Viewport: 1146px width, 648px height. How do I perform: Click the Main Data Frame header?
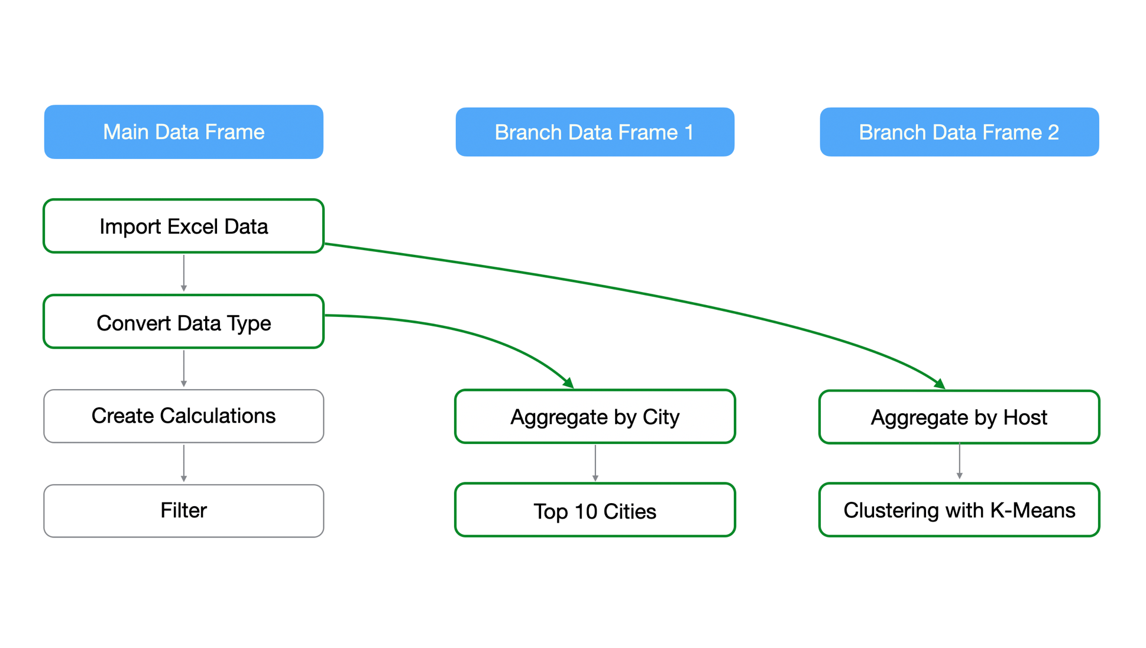[x=183, y=132]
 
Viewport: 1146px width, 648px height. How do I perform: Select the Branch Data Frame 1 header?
[x=594, y=132]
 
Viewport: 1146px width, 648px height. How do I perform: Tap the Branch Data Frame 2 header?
[x=959, y=132]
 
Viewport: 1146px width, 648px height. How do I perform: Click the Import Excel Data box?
[x=183, y=226]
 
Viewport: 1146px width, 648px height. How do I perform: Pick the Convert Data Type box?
[x=183, y=322]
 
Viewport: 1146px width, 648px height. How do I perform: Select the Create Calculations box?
[x=183, y=416]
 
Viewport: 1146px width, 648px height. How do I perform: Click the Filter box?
[x=183, y=510]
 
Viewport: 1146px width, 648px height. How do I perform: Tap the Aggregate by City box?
[x=594, y=416]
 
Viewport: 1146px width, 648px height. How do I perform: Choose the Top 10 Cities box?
[x=594, y=510]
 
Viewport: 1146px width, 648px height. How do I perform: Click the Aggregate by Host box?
[x=959, y=417]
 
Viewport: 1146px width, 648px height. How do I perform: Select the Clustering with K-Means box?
[x=959, y=510]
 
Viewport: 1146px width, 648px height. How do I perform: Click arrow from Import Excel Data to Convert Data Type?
[x=184, y=273]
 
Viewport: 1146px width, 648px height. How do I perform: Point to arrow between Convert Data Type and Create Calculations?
[x=184, y=368]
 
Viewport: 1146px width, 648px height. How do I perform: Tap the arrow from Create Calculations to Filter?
[x=184, y=463]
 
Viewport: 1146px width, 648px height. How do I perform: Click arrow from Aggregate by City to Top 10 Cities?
[x=595, y=463]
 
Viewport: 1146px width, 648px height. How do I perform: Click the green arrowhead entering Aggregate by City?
[x=569, y=384]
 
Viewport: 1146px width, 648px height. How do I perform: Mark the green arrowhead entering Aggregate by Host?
[x=940, y=384]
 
